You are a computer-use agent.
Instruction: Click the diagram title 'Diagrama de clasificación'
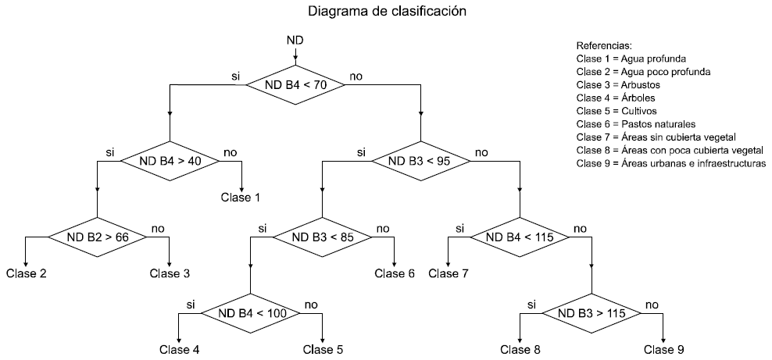tap(388, 12)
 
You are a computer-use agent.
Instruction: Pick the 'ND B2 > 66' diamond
tap(98, 236)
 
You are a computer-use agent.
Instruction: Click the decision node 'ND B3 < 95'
tap(421, 161)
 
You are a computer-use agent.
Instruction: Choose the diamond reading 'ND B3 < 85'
tap(322, 237)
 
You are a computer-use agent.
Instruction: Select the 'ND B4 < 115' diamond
tap(520, 237)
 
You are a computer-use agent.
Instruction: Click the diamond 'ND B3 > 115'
tap(592, 313)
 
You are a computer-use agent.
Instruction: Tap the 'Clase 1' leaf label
tap(241, 198)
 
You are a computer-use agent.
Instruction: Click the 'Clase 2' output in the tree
tap(26, 273)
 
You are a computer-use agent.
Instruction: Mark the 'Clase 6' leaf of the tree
tap(395, 273)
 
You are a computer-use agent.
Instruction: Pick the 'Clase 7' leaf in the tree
tap(449, 273)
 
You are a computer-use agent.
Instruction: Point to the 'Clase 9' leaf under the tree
tap(663, 349)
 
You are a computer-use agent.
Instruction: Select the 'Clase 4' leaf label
tap(179, 349)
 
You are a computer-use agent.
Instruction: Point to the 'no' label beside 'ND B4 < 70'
tap(356, 76)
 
